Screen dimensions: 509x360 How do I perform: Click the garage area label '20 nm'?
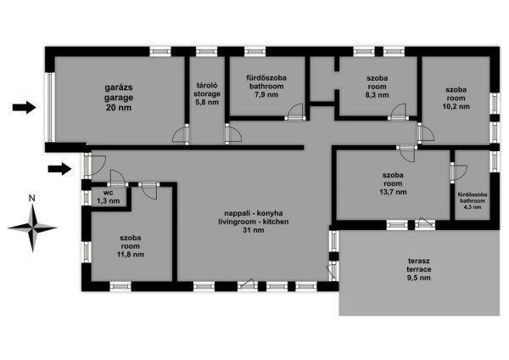[119, 108]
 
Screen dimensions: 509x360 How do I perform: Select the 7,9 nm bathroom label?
[266, 87]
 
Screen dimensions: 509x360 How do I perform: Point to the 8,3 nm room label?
[377, 87]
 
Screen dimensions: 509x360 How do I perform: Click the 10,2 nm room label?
[456, 98]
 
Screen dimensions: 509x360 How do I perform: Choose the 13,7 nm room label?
[393, 183]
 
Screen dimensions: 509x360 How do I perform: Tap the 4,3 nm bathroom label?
[473, 200]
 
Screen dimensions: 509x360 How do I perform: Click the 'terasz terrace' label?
[419, 265]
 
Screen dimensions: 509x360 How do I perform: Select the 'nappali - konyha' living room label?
[254, 213]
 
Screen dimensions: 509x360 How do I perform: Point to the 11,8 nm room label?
[130, 246]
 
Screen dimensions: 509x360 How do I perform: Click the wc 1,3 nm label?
[108, 197]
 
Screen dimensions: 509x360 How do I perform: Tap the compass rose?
[32, 228]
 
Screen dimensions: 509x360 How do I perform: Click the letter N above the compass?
[32, 198]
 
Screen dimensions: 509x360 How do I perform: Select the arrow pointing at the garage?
[24, 107]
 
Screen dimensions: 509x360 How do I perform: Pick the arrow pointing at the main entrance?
[59, 169]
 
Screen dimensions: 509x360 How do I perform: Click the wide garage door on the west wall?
[50, 107]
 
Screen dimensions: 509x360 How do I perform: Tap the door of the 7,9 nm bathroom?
[294, 112]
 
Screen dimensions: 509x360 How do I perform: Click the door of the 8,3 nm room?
[398, 112]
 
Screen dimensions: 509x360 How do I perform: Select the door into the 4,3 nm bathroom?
[458, 172]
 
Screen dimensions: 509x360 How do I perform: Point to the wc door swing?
[118, 177]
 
